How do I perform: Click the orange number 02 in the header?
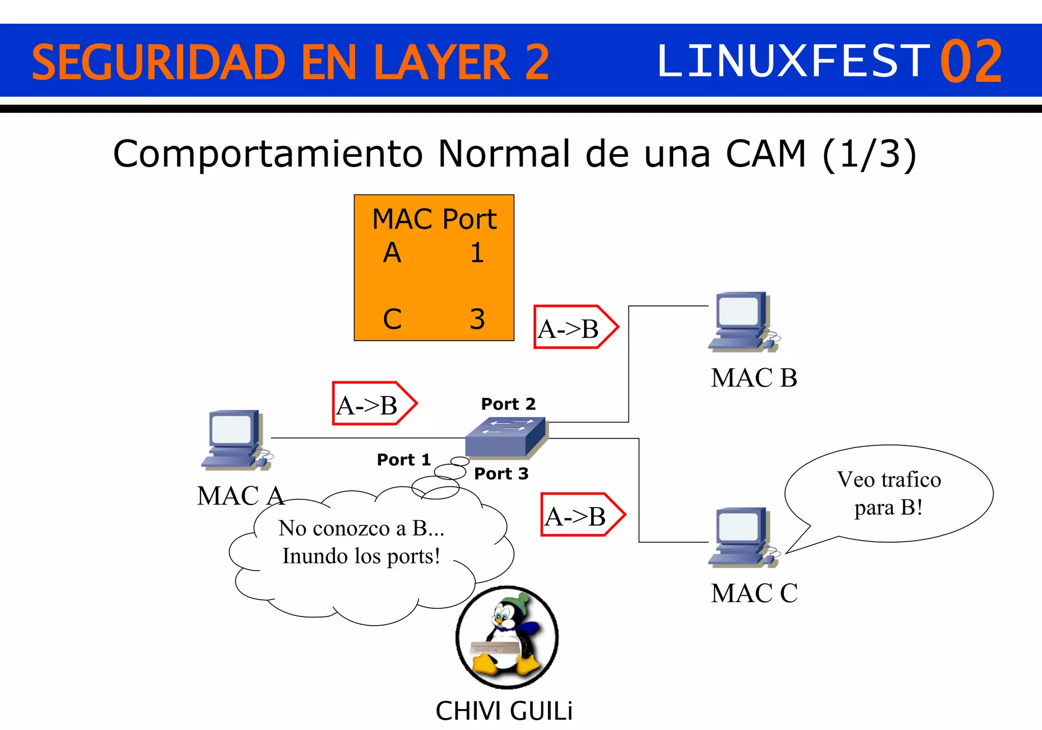pos(971,62)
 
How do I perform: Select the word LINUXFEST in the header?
pos(794,62)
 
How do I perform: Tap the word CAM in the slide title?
pos(766,154)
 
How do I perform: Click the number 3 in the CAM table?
pos(477,319)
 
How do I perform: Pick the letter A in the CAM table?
pos(392,253)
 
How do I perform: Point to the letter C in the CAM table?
pos(392,319)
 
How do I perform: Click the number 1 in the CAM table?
pos(477,253)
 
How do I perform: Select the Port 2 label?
pos(508,404)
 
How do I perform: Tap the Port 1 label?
pos(403,460)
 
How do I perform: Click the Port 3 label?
pos(501,474)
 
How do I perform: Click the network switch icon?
pos(506,436)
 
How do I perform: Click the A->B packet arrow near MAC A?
pos(374,403)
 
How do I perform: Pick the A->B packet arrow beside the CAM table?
pos(575,327)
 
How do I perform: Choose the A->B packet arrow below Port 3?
pos(582,515)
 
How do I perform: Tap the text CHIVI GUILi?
pos(504,711)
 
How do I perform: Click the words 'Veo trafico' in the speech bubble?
pos(888,480)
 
